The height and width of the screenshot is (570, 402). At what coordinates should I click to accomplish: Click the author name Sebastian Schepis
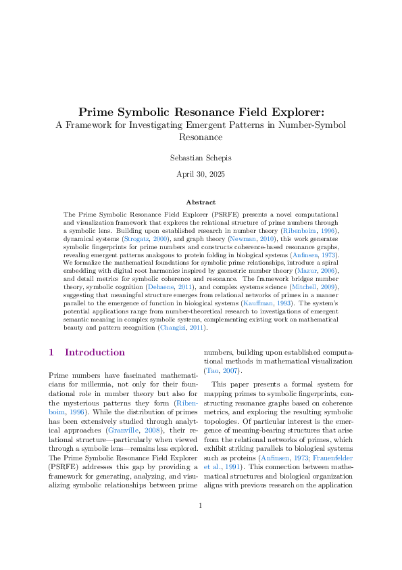(x=201, y=158)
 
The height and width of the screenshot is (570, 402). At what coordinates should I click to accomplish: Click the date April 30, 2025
(x=201, y=175)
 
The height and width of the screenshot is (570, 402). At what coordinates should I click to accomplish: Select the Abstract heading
(x=201, y=202)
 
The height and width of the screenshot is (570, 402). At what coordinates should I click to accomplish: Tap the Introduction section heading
(x=95, y=353)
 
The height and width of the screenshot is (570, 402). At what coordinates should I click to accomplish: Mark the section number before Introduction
(x=51, y=353)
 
